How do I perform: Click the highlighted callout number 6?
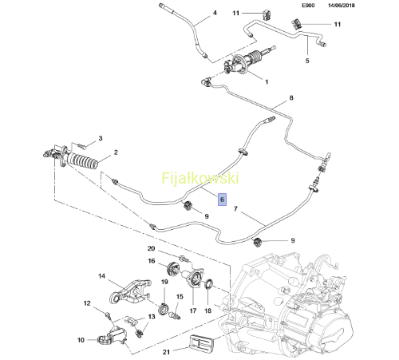222,200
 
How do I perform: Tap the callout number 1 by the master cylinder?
267,82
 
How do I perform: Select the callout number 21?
166,352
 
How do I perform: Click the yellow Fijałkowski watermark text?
200,178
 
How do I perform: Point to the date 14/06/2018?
342,6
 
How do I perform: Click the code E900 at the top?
308,6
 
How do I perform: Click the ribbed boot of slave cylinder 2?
82,161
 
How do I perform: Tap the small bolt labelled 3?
81,145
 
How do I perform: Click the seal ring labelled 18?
208,283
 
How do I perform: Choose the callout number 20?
151,248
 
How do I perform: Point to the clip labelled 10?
106,340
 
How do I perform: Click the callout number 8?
291,98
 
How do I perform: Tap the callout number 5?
307,61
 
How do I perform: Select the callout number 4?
215,13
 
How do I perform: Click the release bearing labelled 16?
173,268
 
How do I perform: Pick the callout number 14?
102,276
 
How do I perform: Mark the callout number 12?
87,303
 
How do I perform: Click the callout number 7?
235,209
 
